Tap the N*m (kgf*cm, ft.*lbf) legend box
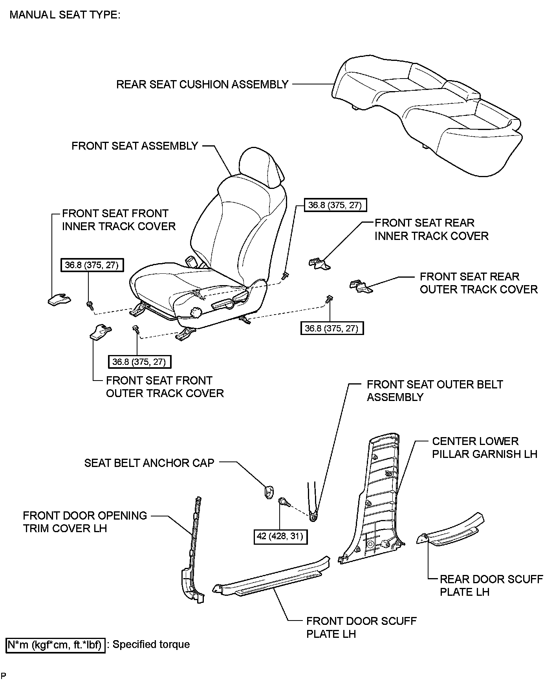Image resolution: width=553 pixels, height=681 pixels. tap(56, 645)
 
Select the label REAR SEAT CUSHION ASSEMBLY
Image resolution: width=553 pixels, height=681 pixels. tap(202, 84)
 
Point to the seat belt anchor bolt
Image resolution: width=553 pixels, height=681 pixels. tap(283, 502)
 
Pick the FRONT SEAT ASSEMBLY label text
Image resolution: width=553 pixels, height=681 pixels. tap(135, 146)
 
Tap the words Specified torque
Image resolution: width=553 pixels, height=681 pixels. tap(151, 644)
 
